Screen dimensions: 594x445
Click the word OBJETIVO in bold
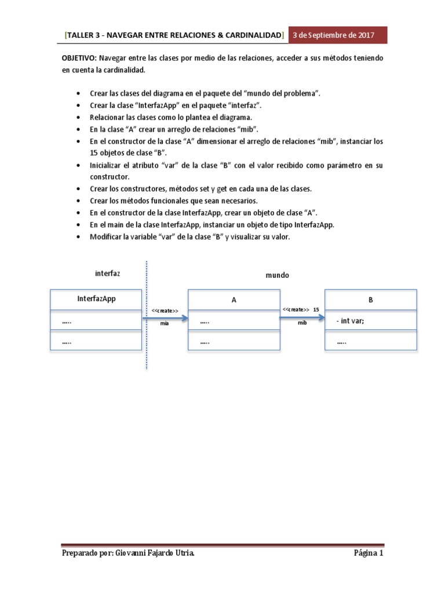click(x=79, y=59)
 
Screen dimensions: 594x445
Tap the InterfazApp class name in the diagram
click(x=97, y=299)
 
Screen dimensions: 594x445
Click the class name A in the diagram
click(x=234, y=300)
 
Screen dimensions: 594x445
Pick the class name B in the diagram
click(x=370, y=300)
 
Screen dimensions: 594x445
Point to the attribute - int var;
click(x=350, y=321)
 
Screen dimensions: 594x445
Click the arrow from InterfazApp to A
click(x=165, y=318)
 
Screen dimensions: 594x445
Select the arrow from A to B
click(x=302, y=317)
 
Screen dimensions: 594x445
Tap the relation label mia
click(x=165, y=324)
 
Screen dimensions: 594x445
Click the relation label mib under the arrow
click(x=302, y=323)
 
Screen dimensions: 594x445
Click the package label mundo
click(x=277, y=276)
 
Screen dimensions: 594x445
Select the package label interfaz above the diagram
click(x=108, y=273)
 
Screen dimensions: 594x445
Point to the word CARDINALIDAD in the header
click(x=245, y=36)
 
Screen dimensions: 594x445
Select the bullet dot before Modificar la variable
click(x=79, y=238)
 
